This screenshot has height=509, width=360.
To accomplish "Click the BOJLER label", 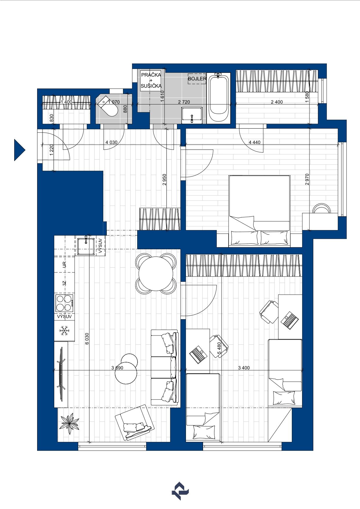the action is click(x=197, y=79).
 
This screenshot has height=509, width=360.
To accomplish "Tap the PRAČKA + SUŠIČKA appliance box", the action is click(x=151, y=80).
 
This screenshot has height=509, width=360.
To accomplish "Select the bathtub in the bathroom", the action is click(x=218, y=98).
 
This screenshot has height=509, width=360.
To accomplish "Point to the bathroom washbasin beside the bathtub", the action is click(x=192, y=115).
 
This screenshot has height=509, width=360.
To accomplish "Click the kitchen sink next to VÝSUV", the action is click(x=86, y=246).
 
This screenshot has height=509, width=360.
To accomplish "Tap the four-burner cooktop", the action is click(x=64, y=303).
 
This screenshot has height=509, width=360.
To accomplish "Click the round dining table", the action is click(x=156, y=273).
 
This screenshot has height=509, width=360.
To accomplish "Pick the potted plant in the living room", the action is click(x=69, y=424).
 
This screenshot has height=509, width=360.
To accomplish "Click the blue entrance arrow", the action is click(x=19, y=150).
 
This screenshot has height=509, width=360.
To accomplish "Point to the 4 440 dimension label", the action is click(x=255, y=142).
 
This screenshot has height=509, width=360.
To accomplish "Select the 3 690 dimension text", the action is click(x=117, y=368).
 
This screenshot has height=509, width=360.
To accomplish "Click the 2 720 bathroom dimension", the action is click(x=184, y=102).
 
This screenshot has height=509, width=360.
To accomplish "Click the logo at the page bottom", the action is click(x=180, y=491).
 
